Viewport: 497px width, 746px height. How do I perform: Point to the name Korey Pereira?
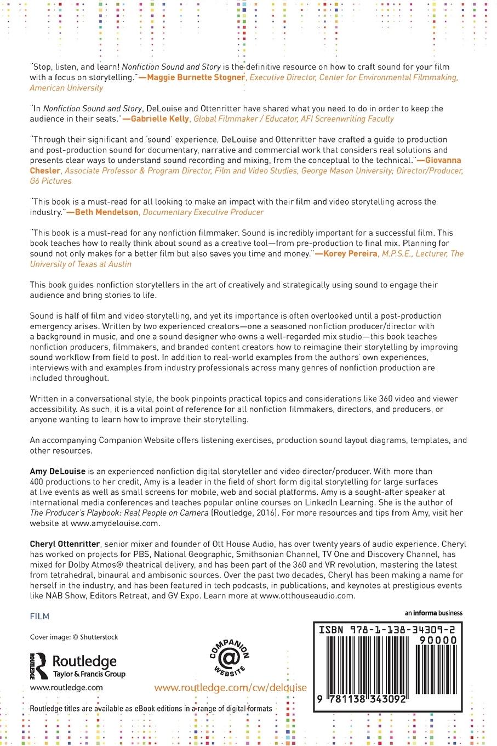[350, 253]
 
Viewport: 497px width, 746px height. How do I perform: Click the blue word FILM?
[39, 616]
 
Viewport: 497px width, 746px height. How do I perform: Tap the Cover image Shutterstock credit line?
[74, 637]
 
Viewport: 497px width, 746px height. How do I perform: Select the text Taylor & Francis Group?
[89, 674]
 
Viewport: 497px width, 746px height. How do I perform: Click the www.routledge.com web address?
[66, 687]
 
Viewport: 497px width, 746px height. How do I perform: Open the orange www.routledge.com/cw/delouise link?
[230, 688]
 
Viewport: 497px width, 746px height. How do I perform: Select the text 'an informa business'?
[433, 613]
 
